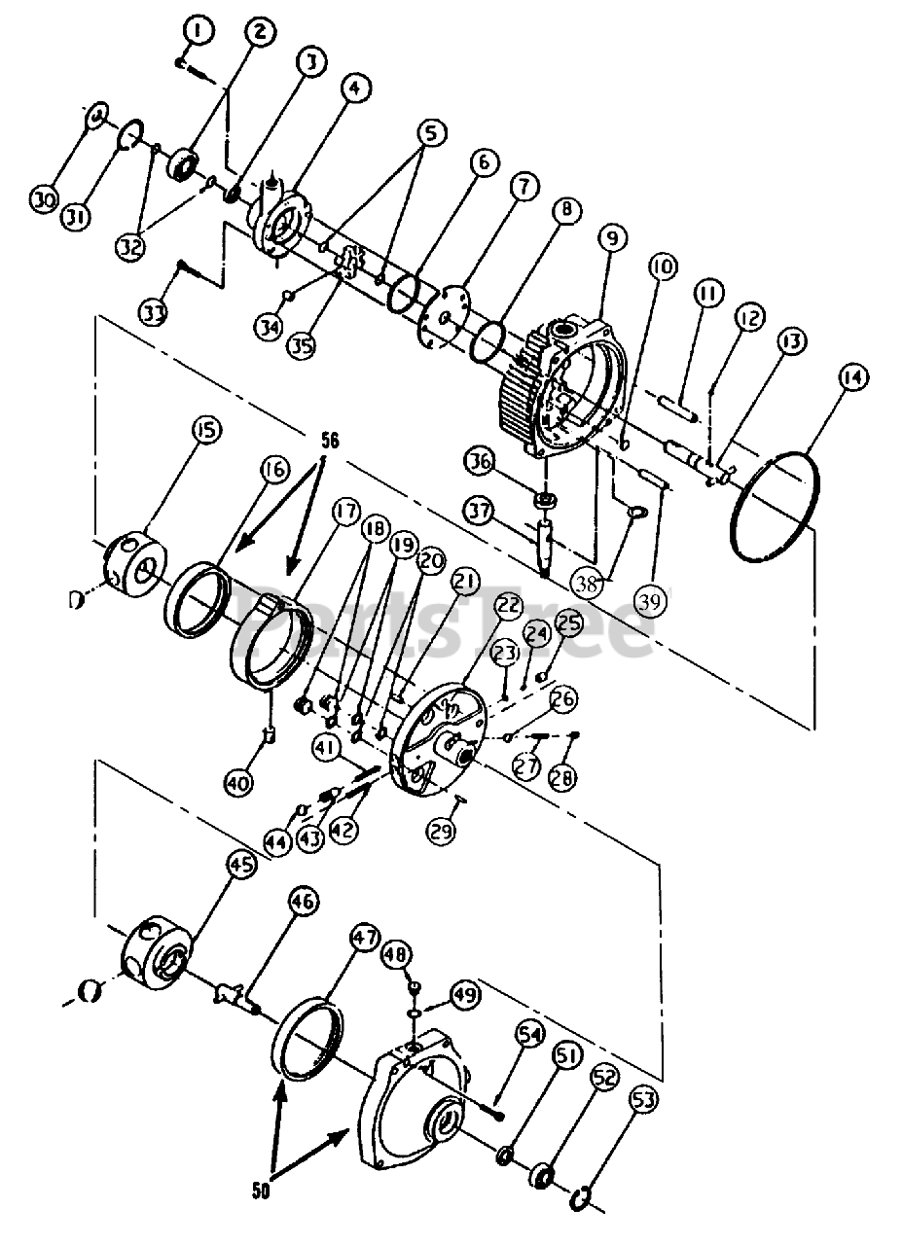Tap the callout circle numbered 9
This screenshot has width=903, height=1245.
[613, 238]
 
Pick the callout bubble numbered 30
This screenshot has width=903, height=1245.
[43, 200]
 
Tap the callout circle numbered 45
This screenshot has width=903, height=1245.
[238, 864]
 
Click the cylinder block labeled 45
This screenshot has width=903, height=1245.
[156, 948]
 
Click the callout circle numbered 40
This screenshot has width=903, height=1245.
[237, 780]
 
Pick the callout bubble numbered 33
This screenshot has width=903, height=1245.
[154, 313]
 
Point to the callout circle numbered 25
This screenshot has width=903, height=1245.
[567, 620]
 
